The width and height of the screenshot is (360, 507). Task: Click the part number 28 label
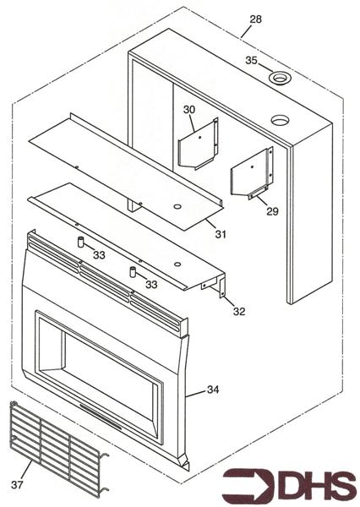pos(255,19)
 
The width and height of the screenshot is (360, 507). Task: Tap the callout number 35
pos(251,61)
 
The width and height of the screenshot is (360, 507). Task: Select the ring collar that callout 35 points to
pos(280,78)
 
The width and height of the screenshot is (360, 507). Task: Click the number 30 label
pos(189,110)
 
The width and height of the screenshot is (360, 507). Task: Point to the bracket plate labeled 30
pos(199,144)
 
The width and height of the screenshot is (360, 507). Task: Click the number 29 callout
pos(272,211)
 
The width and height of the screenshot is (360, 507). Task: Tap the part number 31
pos(221,234)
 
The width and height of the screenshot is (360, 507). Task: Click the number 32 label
pos(239,311)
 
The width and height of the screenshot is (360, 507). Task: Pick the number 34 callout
pos(213,390)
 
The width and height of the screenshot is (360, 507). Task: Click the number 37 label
pos(17,484)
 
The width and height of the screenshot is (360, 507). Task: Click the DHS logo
pos(290,485)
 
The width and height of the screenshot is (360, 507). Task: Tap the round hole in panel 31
pos(177,206)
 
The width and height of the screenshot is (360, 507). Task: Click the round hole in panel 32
pos(177,264)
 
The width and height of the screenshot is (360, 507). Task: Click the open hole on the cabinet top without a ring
pos(280,120)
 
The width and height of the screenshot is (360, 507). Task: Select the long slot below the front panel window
pos(101,417)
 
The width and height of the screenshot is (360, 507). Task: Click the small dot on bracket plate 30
pos(200,138)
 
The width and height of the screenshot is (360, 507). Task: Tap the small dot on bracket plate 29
pos(252,166)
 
